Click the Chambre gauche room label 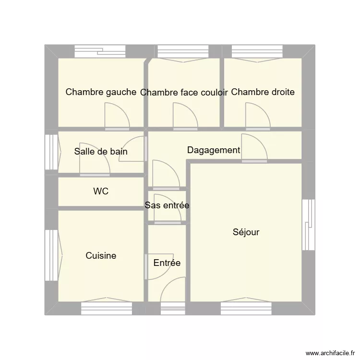[101, 92]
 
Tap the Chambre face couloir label [184, 93]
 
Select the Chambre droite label [263, 92]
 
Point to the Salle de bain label [101, 152]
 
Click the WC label [101, 192]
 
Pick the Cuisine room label [101, 256]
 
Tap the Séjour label [246, 232]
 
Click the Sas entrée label [167, 205]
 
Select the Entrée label [167, 263]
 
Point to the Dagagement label [214, 150]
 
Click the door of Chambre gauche [117, 118]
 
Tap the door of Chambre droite [258, 118]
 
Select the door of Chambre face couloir [185, 118]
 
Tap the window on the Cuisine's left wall [50, 255]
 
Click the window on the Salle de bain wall [50, 152]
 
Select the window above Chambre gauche [100, 51]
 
